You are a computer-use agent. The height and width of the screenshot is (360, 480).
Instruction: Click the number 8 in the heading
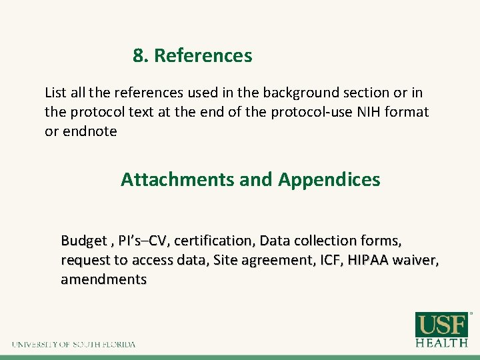pyautogui.click(x=137, y=56)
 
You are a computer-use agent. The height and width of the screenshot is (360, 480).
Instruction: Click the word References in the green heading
pyautogui.click(x=203, y=56)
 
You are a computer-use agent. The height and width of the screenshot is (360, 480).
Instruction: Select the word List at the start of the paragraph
pyautogui.click(x=55, y=93)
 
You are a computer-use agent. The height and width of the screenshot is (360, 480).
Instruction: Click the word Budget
pyautogui.click(x=83, y=240)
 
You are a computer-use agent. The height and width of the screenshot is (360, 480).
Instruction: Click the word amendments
pyautogui.click(x=103, y=279)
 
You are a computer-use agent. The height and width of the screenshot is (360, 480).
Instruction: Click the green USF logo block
pyautogui.click(x=441, y=325)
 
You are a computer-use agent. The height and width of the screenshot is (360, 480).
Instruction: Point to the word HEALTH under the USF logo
pyautogui.click(x=441, y=343)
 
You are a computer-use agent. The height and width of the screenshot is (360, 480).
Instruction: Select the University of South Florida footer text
pyautogui.click(x=73, y=345)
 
